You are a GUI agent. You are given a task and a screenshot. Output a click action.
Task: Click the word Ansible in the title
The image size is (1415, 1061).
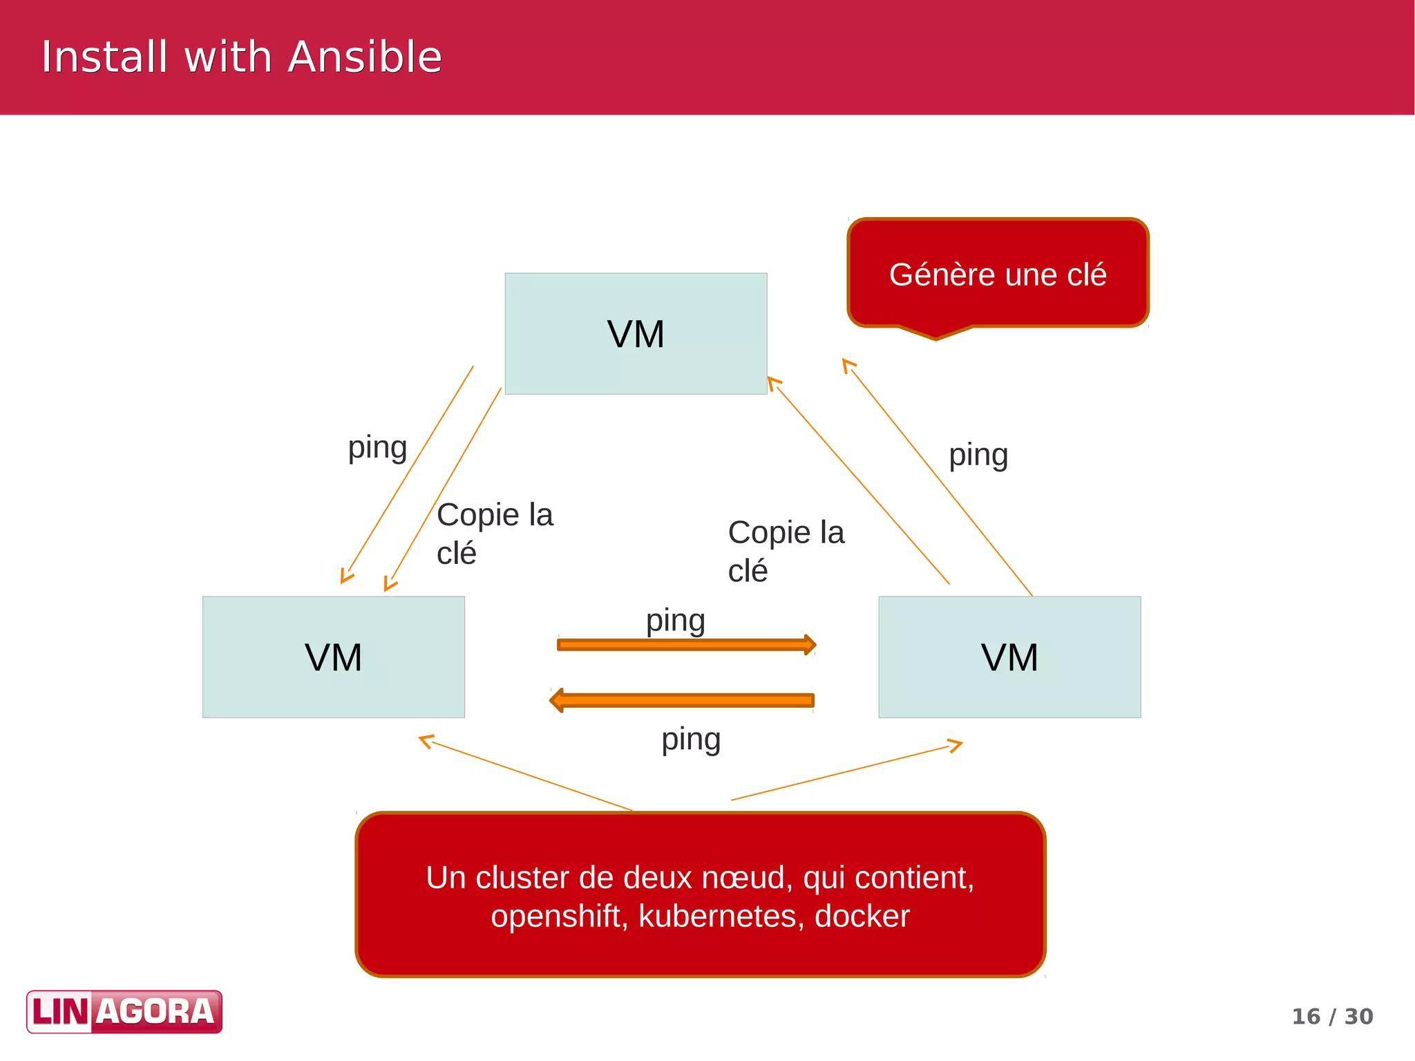[x=364, y=57]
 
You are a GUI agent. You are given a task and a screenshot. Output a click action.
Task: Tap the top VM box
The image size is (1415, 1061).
[x=636, y=334]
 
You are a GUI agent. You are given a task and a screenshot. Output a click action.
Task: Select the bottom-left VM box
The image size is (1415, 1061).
[x=333, y=657]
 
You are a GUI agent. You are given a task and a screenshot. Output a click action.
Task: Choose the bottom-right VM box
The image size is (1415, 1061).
[x=1009, y=657]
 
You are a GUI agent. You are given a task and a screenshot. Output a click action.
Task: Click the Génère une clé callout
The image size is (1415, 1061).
[x=998, y=274]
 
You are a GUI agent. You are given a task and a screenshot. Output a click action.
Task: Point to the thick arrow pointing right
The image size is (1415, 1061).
[x=685, y=645]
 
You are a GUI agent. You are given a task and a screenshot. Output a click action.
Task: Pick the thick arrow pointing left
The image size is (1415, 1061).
[x=683, y=700]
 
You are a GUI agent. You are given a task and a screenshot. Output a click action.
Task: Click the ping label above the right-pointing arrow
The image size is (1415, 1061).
[x=675, y=620]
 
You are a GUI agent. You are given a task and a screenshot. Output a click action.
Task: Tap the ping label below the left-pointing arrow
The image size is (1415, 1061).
[x=691, y=739]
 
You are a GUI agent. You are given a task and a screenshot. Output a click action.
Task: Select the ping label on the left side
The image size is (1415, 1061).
[x=377, y=447]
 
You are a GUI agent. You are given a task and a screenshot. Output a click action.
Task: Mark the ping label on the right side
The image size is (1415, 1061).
[x=978, y=455]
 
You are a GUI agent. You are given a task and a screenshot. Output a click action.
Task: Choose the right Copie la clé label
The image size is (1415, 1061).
[x=786, y=551]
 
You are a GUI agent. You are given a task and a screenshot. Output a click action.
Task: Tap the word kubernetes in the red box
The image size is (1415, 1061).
[x=721, y=916]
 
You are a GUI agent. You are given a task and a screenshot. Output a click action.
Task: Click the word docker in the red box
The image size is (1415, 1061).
[x=862, y=916]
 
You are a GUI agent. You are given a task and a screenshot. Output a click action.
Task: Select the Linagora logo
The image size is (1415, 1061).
[x=124, y=1012]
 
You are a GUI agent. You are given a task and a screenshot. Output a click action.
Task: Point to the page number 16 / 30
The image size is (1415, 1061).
[x=1332, y=1016]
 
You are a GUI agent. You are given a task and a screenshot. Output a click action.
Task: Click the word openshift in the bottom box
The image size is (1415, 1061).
[x=558, y=916]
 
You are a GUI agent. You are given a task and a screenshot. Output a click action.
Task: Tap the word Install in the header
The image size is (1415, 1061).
[x=104, y=57]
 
